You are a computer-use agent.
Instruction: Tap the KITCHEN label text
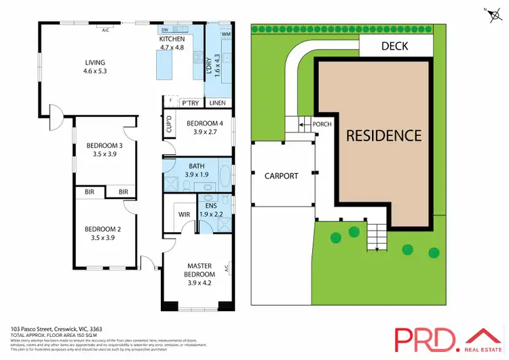point(171,39)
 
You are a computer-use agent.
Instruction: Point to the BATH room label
point(196,166)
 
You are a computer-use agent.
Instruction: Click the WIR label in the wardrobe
point(184,214)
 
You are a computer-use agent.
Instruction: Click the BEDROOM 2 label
point(102,229)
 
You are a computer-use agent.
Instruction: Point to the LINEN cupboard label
point(217,103)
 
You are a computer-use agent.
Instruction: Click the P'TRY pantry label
point(190,103)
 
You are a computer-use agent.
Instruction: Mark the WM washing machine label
point(226,34)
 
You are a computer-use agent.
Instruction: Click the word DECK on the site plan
point(395,46)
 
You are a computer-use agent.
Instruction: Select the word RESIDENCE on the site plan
point(384,135)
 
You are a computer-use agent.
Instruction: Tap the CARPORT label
point(281,176)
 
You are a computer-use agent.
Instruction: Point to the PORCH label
point(321,124)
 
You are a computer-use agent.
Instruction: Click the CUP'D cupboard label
point(168,125)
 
